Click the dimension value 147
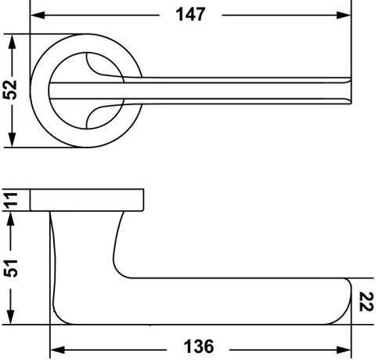[190, 14]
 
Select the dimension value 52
[10, 89]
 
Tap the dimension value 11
[12, 201]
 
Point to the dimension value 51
[11, 268]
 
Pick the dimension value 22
[366, 302]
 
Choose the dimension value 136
[199, 347]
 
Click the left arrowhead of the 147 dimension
[38, 15]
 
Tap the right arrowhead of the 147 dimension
[343, 15]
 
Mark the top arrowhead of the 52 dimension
[12, 42]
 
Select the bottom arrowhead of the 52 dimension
[12, 140]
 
